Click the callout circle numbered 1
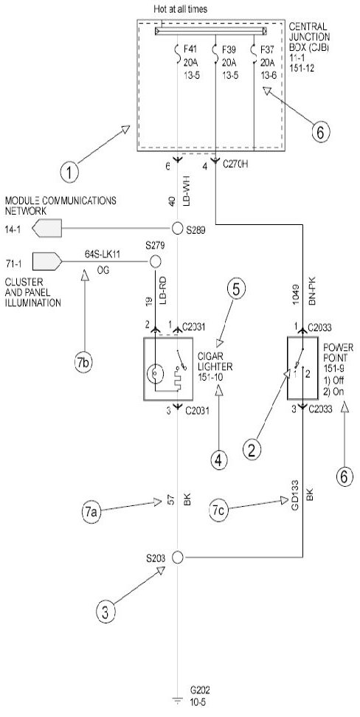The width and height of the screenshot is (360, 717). click(69, 173)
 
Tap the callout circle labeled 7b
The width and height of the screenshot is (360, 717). click(83, 362)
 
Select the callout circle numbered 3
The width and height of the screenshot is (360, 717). click(105, 612)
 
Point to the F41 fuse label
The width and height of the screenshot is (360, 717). click(188, 49)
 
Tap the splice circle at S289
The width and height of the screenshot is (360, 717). click(178, 228)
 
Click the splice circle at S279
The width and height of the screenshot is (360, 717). click(156, 262)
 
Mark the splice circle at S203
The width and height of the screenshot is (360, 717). click(178, 558)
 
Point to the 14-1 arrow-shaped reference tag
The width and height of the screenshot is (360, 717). click(47, 228)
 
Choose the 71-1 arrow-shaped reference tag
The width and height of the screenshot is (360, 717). click(47, 262)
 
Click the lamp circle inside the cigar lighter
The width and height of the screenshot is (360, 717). click(155, 375)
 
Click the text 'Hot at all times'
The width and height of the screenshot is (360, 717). click(181, 9)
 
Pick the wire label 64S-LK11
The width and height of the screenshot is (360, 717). click(103, 254)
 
